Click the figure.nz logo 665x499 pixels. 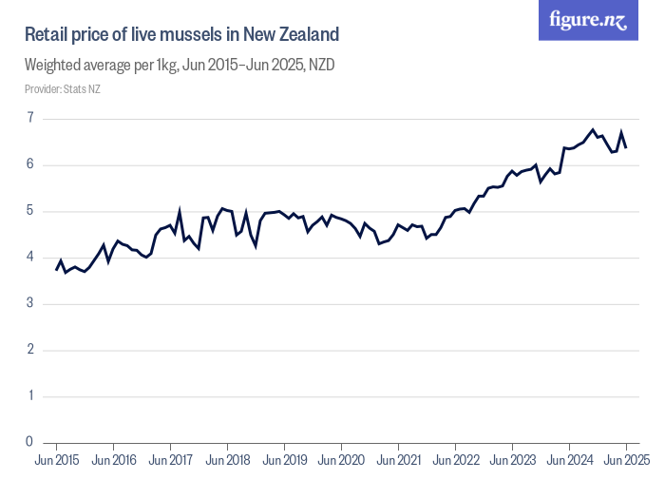coord(588,21)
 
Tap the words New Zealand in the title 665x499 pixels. coord(291,36)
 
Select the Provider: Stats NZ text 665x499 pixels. coord(62,89)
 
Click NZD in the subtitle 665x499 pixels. coord(318,66)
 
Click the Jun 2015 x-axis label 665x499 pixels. coord(57,461)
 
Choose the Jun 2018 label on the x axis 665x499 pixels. coord(228,461)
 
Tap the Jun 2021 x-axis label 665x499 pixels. coord(398,461)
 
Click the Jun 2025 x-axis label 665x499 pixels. coord(626,461)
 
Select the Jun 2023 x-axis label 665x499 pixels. coord(512,461)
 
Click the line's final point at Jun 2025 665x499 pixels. coord(626,147)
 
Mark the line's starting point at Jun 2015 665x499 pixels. coord(57,270)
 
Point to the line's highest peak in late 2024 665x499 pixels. coord(593,129)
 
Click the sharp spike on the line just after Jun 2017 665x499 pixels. coord(180,212)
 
